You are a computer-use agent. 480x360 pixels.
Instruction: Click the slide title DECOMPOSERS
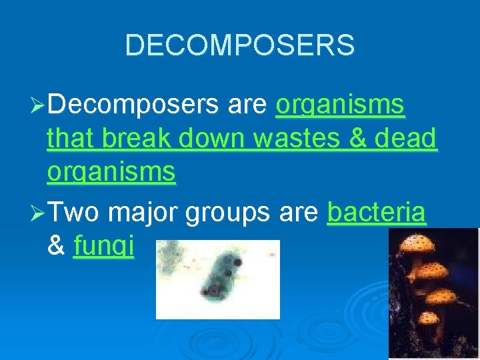[239, 45]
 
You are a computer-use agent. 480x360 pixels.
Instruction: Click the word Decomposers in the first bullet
[134, 105]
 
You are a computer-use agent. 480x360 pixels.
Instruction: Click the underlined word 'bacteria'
[377, 212]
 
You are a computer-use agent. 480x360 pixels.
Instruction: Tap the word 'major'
[143, 213]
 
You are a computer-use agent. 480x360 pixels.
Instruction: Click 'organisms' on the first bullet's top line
[340, 105]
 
